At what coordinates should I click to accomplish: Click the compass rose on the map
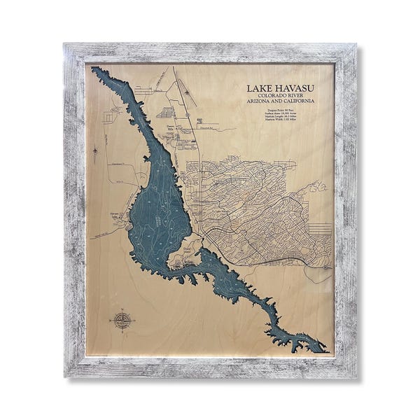point(122,321)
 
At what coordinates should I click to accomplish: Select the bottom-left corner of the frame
point(65,377)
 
